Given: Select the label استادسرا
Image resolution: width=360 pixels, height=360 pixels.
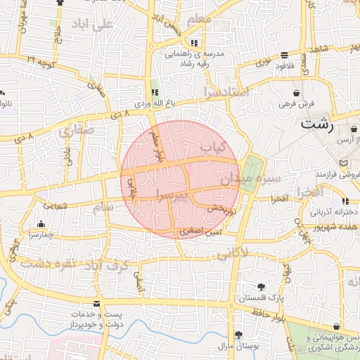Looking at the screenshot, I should (226, 92).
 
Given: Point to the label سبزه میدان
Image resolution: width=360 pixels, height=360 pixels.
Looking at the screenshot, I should (250, 180).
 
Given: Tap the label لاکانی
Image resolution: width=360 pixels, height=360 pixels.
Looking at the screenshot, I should (235, 253).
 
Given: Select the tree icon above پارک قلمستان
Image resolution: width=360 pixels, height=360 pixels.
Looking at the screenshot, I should (262, 287).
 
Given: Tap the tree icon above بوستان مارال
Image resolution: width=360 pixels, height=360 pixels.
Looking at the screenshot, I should (238, 335).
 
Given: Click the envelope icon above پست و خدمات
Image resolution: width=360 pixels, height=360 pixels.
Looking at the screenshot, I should (96, 303).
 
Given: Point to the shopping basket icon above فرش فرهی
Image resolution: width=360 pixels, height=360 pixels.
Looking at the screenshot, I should (297, 93).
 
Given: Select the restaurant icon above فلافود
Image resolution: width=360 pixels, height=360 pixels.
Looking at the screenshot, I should (284, 55).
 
